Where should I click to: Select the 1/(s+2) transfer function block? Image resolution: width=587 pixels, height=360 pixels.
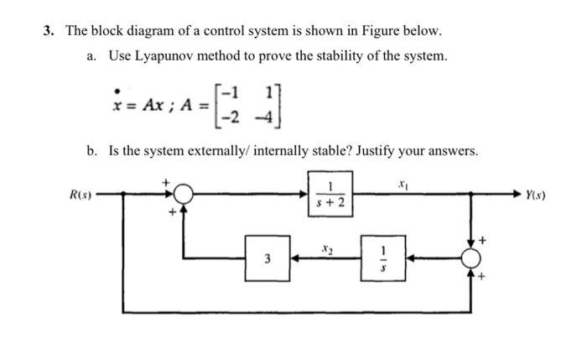pyautogui.click(x=329, y=196)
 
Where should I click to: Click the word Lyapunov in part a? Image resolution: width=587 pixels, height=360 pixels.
pyautogui.click(x=164, y=56)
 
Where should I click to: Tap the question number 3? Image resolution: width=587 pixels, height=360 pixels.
pyautogui.click(x=49, y=31)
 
